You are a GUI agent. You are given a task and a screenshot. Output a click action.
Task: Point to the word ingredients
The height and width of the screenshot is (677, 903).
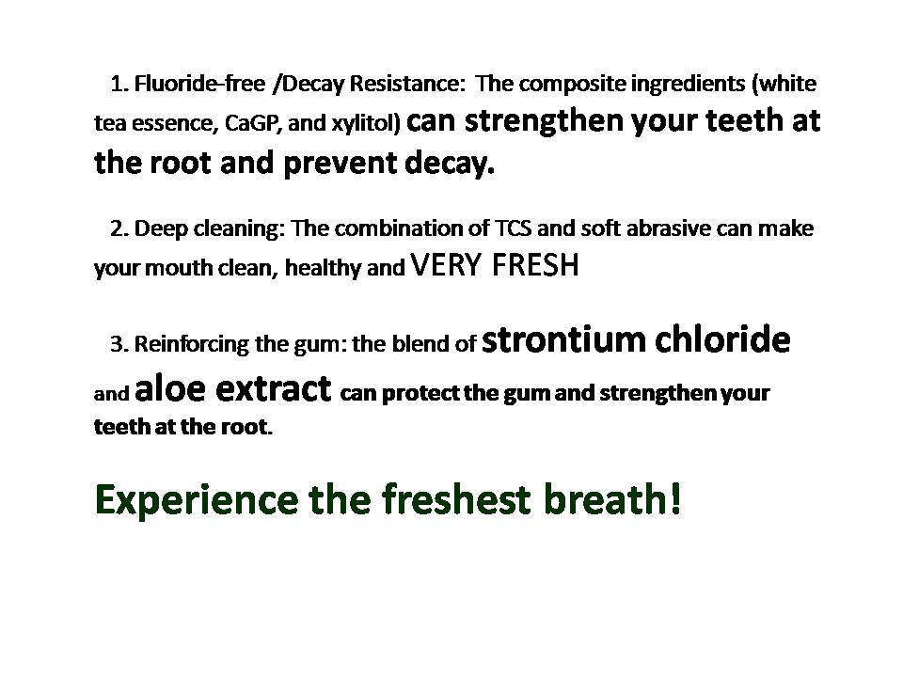pyautogui.click(x=680, y=84)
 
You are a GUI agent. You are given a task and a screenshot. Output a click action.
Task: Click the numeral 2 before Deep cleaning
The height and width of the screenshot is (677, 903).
pyautogui.click(x=117, y=228)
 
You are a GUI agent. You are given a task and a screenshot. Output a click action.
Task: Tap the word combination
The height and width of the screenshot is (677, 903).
pyautogui.click(x=395, y=228)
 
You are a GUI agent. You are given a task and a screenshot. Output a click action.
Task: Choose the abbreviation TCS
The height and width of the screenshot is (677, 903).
pyautogui.click(x=514, y=228)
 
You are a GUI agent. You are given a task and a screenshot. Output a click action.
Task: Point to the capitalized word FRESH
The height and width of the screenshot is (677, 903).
pyautogui.click(x=535, y=266)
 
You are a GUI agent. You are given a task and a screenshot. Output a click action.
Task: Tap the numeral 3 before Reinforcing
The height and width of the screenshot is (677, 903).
pyautogui.click(x=117, y=344)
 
